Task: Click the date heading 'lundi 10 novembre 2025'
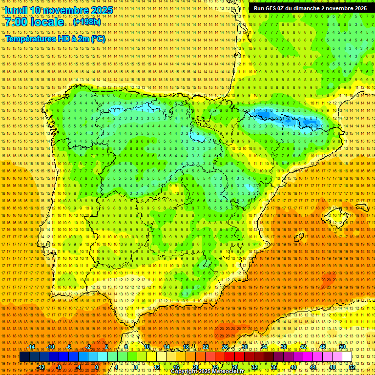click(59, 10)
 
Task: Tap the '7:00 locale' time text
click(34, 22)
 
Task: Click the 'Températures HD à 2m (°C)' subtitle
click(55, 39)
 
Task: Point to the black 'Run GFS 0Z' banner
click(310, 8)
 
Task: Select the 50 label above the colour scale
click(342, 347)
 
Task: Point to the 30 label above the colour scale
click(245, 347)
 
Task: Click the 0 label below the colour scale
click(97, 367)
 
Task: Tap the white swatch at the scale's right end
click(347, 357)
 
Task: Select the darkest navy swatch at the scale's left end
click(24, 357)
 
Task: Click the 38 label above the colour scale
click(284, 347)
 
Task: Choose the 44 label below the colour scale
click(313, 367)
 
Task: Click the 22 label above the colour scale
click(206, 347)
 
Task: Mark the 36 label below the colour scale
click(274, 367)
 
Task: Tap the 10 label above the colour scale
click(146, 347)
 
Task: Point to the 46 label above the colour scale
click(323, 347)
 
